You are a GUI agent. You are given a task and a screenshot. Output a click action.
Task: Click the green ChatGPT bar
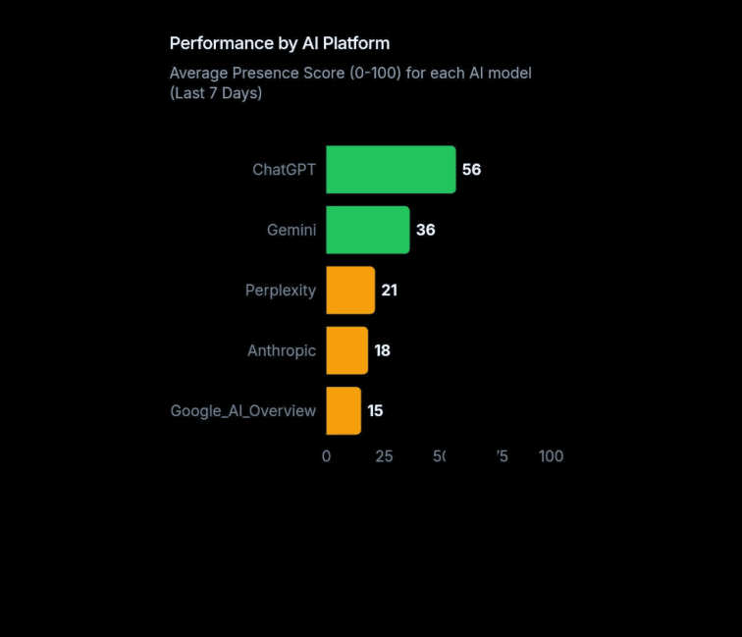click(x=391, y=170)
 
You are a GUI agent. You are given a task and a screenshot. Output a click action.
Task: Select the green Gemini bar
click(x=368, y=230)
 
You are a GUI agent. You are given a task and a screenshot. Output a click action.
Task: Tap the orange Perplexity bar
click(x=350, y=291)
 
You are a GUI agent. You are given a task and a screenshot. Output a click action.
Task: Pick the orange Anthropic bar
click(x=346, y=350)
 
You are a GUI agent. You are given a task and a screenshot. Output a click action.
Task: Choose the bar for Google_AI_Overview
click(x=344, y=410)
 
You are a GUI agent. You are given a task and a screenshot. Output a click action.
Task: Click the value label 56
click(x=471, y=170)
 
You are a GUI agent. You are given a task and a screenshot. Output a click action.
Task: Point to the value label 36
click(x=425, y=230)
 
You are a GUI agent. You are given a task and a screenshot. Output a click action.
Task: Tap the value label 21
click(x=390, y=291)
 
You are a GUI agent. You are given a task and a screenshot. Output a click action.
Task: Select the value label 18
click(x=382, y=350)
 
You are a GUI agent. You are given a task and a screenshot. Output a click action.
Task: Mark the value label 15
click(x=375, y=410)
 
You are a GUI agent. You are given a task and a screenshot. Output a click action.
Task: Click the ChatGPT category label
click(x=284, y=170)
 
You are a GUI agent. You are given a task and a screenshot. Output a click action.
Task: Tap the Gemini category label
click(x=291, y=230)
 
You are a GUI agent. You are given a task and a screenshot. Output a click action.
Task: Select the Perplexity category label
click(x=281, y=291)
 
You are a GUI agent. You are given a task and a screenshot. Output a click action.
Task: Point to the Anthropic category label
click(x=282, y=350)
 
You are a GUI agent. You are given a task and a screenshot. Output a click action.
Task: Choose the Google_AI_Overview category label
click(x=243, y=410)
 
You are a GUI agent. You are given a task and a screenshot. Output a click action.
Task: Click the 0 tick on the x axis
click(x=327, y=456)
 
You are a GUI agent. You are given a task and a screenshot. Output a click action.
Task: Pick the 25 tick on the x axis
click(x=384, y=456)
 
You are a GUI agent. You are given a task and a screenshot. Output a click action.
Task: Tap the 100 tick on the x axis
click(x=551, y=456)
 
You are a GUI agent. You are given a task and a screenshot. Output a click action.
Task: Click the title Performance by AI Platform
click(x=280, y=43)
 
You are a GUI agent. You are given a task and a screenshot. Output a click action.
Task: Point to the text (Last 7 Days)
click(x=216, y=93)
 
